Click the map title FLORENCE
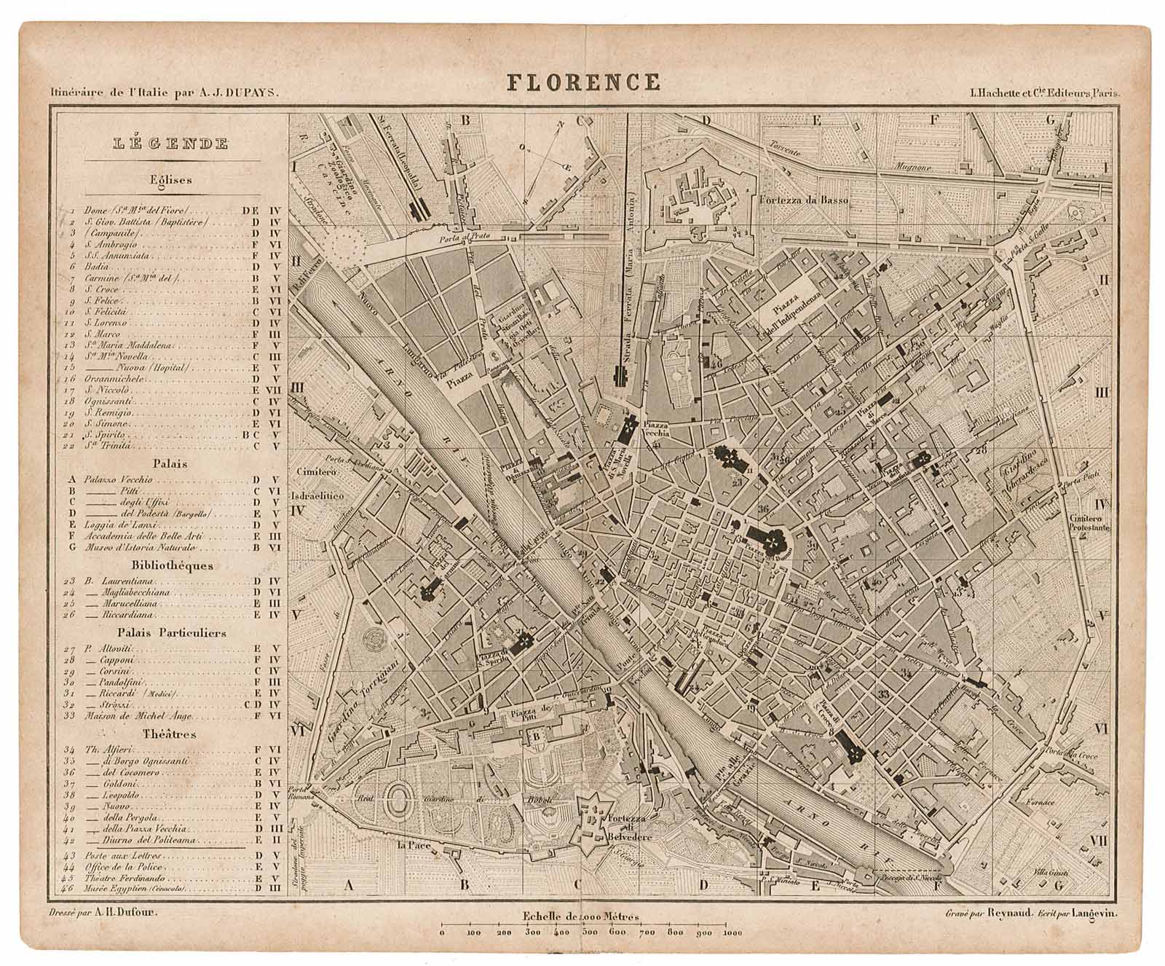click(x=583, y=82)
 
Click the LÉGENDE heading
click(x=172, y=144)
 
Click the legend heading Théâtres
click(x=170, y=734)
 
